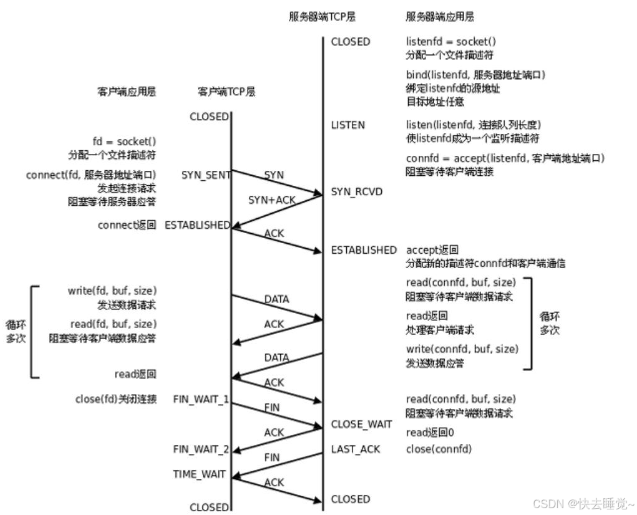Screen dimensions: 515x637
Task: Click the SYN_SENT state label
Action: [206, 175]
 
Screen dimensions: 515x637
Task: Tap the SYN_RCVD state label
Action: [357, 191]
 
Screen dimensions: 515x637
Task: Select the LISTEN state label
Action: [348, 125]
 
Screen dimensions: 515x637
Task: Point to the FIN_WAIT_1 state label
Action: [200, 399]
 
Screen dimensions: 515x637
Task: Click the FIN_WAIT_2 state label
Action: [200, 449]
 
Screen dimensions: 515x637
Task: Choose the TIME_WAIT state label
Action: [199, 474]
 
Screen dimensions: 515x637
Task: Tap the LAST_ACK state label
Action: [355, 449]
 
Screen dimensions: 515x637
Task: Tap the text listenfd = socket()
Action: [451, 42]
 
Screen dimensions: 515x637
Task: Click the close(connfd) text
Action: [439, 449]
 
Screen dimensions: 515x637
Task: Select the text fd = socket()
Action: [124, 142]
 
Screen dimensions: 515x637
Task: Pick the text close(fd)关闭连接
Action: [115, 399]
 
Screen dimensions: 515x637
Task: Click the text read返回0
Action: [430, 433]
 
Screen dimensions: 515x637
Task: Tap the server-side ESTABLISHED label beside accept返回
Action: [364, 249]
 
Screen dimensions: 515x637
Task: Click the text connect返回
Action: [127, 225]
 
